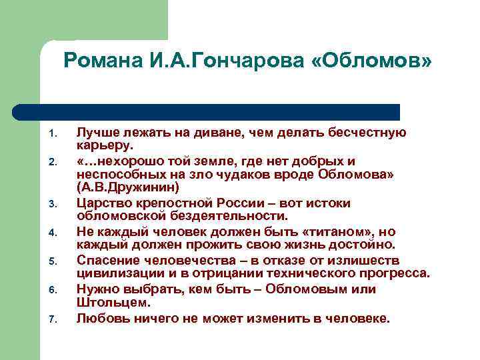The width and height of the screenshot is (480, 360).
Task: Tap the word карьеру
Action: coord(105,146)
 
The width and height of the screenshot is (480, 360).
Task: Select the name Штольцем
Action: coord(108,303)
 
